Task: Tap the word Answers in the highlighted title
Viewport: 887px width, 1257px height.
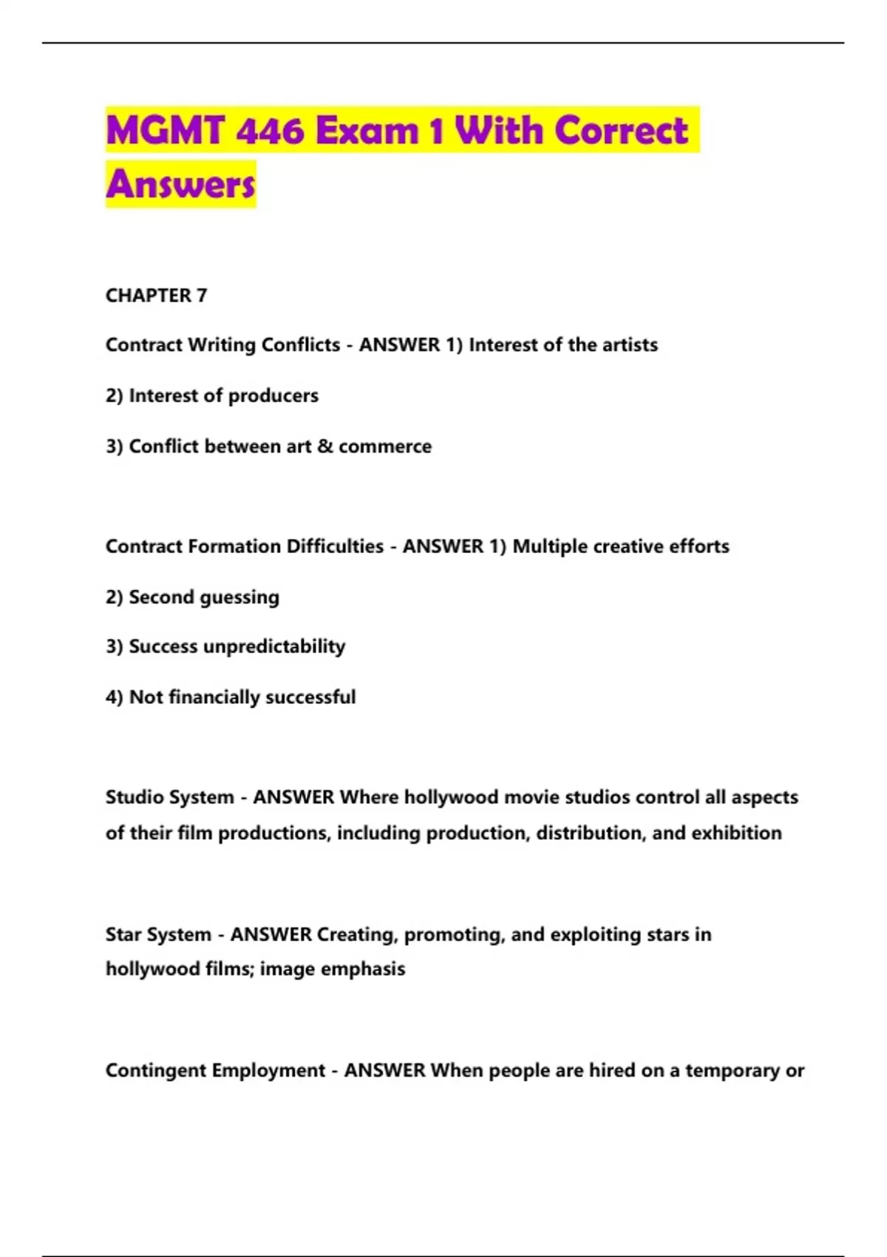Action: [x=180, y=185]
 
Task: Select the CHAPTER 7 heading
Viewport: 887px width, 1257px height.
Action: [x=156, y=296]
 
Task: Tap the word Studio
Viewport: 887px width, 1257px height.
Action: [x=133, y=797]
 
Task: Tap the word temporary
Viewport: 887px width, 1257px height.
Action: [x=732, y=1071]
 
